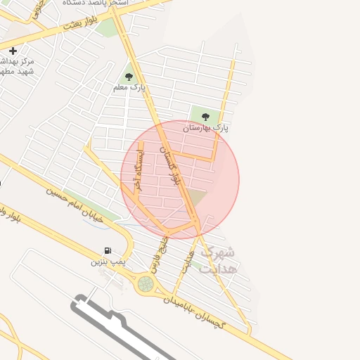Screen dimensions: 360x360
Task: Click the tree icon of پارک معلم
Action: [x=129, y=77]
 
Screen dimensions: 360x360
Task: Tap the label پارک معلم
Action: [x=129, y=88]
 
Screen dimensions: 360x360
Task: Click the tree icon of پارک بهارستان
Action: [x=205, y=117]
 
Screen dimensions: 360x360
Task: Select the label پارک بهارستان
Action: [x=206, y=128]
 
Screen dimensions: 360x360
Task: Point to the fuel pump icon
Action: [x=108, y=250]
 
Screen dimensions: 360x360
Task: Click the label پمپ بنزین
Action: [x=108, y=262]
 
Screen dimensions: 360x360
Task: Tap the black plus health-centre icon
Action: [x=13, y=51]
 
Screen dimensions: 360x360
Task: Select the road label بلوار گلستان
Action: [x=171, y=165]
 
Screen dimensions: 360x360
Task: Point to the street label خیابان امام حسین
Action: [x=75, y=204]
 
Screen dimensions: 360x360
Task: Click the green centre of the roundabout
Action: [x=146, y=284]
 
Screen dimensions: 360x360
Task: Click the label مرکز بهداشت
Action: [x=17, y=66]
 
